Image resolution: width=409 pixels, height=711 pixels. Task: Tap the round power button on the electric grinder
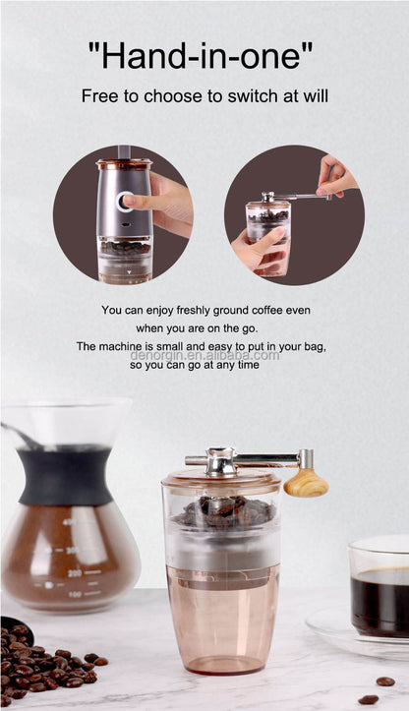click(x=124, y=203)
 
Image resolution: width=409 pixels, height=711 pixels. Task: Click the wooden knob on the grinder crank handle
click(x=306, y=482)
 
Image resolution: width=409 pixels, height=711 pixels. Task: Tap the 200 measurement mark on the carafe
click(x=74, y=571)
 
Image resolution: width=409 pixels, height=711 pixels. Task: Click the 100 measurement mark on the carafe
click(x=75, y=594)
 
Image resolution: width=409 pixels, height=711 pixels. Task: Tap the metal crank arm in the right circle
click(x=300, y=197)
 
